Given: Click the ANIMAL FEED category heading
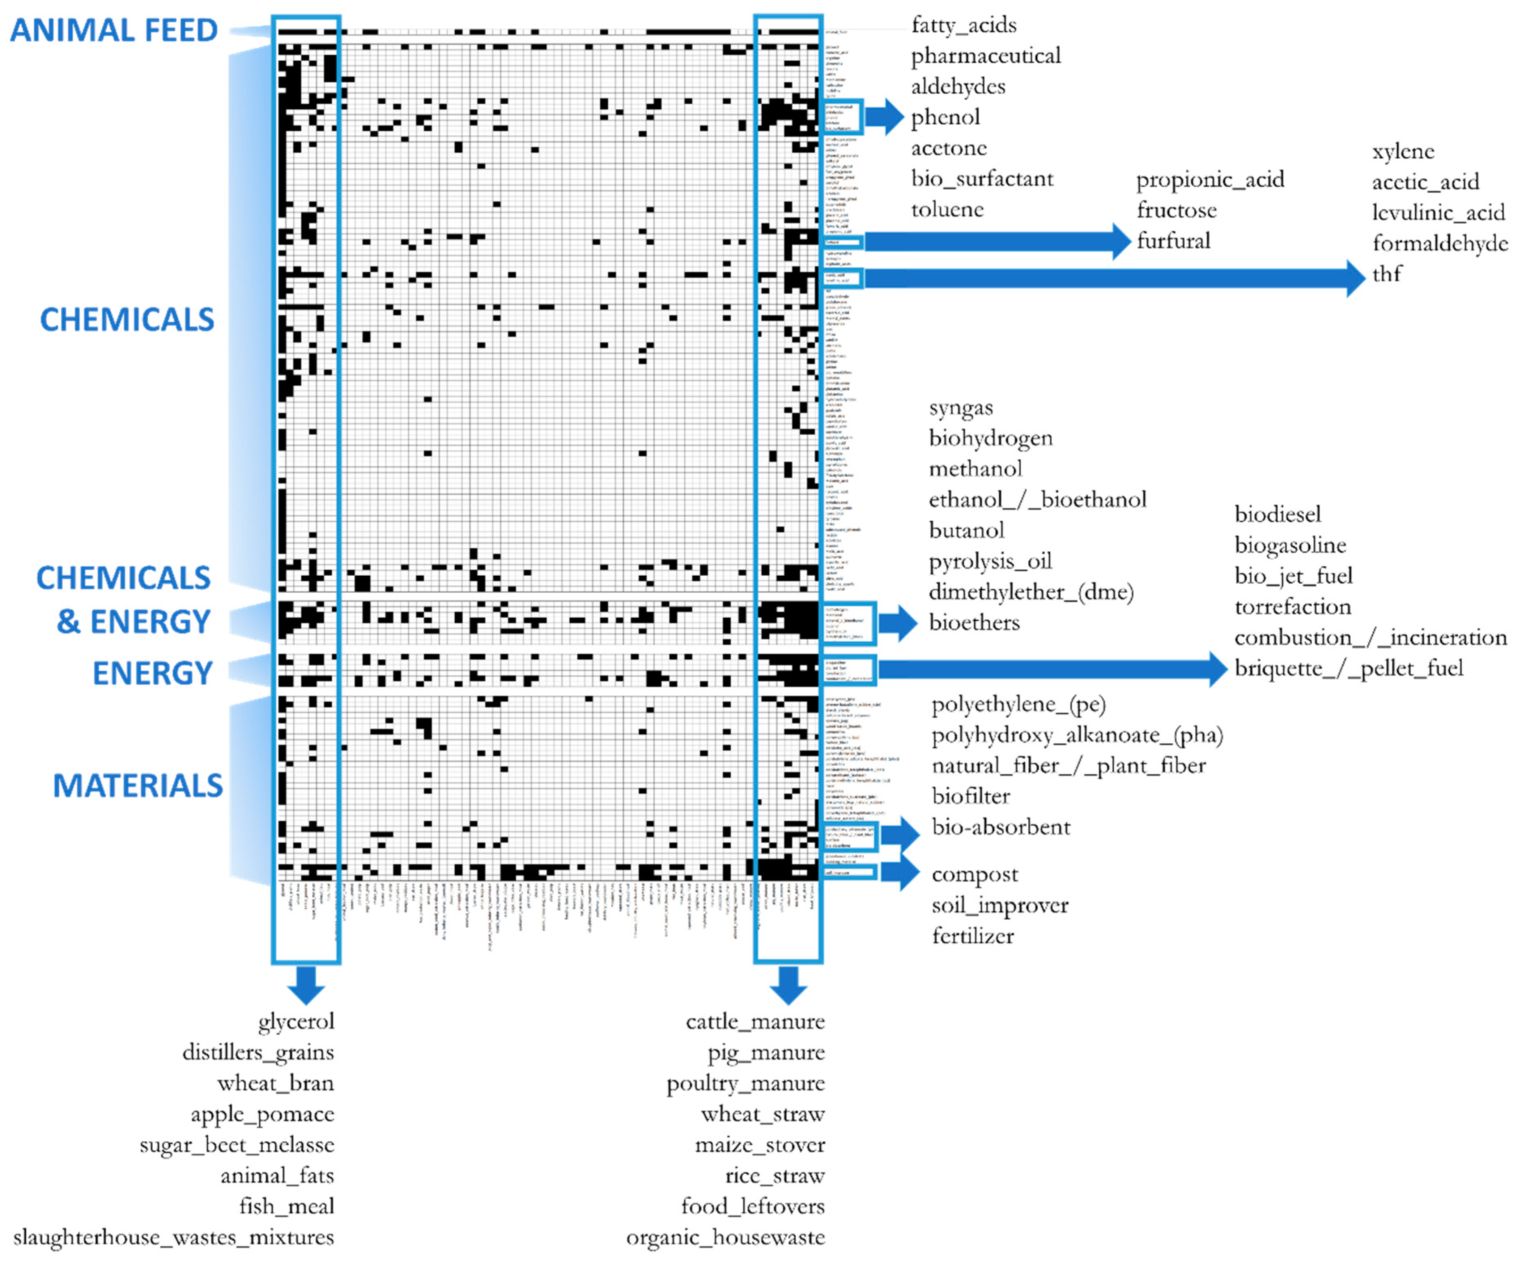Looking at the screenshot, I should point(114,30).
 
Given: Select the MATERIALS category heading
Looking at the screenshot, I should point(138,786).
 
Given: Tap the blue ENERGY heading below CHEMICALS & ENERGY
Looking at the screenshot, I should point(152,673).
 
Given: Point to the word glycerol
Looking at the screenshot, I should point(296,1022).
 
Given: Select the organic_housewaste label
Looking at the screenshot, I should point(725,1237).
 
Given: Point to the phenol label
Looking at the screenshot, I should point(945,117).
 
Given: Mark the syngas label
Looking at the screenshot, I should point(961,408).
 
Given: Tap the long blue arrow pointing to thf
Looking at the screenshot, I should point(1110,278).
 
